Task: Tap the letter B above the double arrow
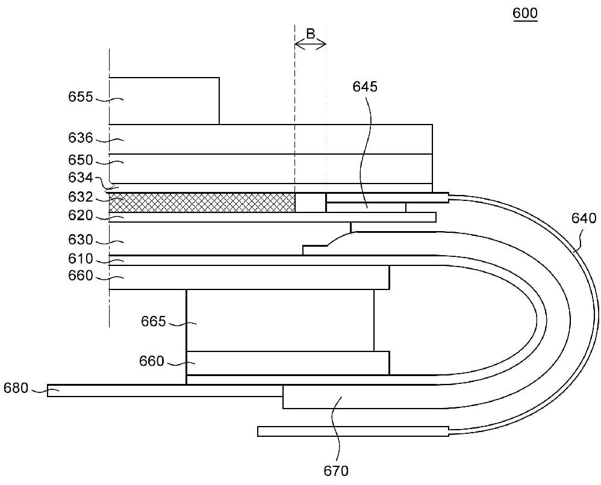pos(310,34)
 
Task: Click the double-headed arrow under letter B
pos(310,45)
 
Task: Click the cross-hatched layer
pos(202,202)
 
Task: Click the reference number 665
pos(154,322)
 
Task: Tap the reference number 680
pos(16,388)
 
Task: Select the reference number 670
pos(336,470)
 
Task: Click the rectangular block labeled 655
pos(164,100)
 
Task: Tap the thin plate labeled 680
pos(163,391)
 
